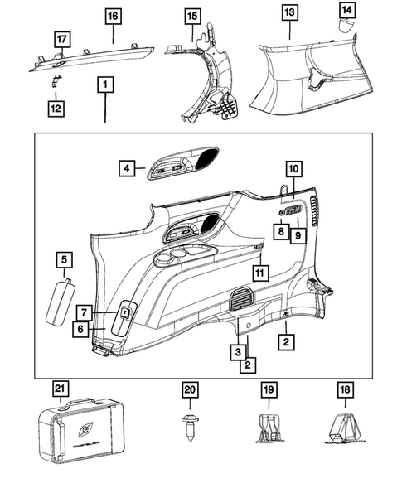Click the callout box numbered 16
tap(113, 17)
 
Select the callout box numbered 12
tap(56, 109)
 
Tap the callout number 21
tap(60, 389)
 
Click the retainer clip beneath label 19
tap(269, 428)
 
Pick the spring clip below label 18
tap(344, 428)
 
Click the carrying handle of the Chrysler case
tap(81, 402)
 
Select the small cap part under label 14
tap(346, 25)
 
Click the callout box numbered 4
tap(127, 168)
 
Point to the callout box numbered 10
tap(293, 169)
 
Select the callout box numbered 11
tap(260, 273)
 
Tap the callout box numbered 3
tap(238, 352)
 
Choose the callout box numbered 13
tap(290, 12)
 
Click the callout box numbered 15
tap(192, 17)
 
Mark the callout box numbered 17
tap(62, 40)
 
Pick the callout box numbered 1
tap(105, 85)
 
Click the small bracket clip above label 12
tap(56, 81)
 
